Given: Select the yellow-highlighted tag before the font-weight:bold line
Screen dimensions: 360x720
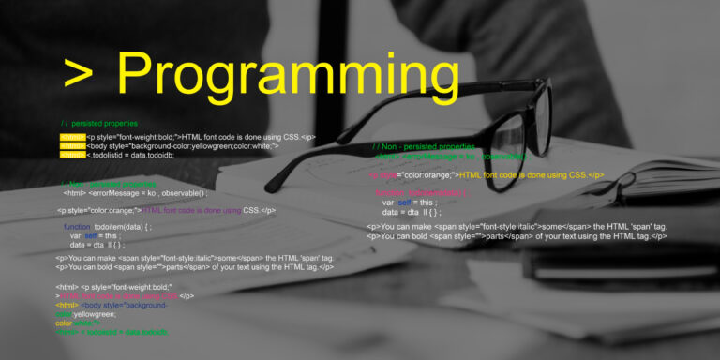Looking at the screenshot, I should (x=72, y=137).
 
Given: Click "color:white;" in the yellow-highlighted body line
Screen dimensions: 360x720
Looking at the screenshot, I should (x=254, y=146).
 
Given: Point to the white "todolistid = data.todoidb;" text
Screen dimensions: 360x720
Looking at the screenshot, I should (x=132, y=156).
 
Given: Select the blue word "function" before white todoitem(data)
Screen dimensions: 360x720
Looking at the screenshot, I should (x=77, y=227).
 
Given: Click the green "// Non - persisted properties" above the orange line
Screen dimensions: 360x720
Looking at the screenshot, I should (x=423, y=147).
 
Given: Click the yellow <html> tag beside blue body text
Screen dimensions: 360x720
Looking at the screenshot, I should (x=66, y=305).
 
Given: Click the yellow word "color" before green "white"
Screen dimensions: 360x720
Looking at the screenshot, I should (x=66, y=323).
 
